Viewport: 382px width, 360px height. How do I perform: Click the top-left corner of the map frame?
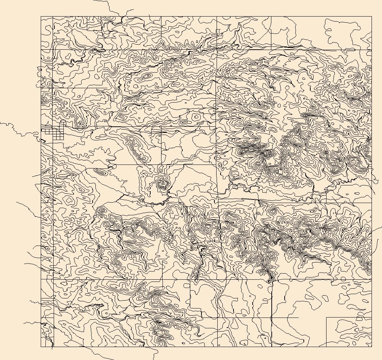[41, 16]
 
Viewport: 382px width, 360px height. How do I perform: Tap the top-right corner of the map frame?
[371, 16]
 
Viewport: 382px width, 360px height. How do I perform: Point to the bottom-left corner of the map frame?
[41, 347]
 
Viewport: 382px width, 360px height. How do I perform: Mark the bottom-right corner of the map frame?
[371, 347]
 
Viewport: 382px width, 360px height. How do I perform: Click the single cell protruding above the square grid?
[62, 123]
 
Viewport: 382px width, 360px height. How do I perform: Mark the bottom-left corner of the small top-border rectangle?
[87, 30]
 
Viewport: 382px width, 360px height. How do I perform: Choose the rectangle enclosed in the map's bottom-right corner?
[348, 332]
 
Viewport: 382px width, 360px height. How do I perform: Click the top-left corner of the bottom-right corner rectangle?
[327, 318]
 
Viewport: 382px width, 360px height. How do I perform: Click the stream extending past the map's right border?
[377, 229]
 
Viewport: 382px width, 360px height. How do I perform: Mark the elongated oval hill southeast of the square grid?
[102, 172]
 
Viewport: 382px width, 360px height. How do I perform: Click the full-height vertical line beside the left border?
[53, 180]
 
